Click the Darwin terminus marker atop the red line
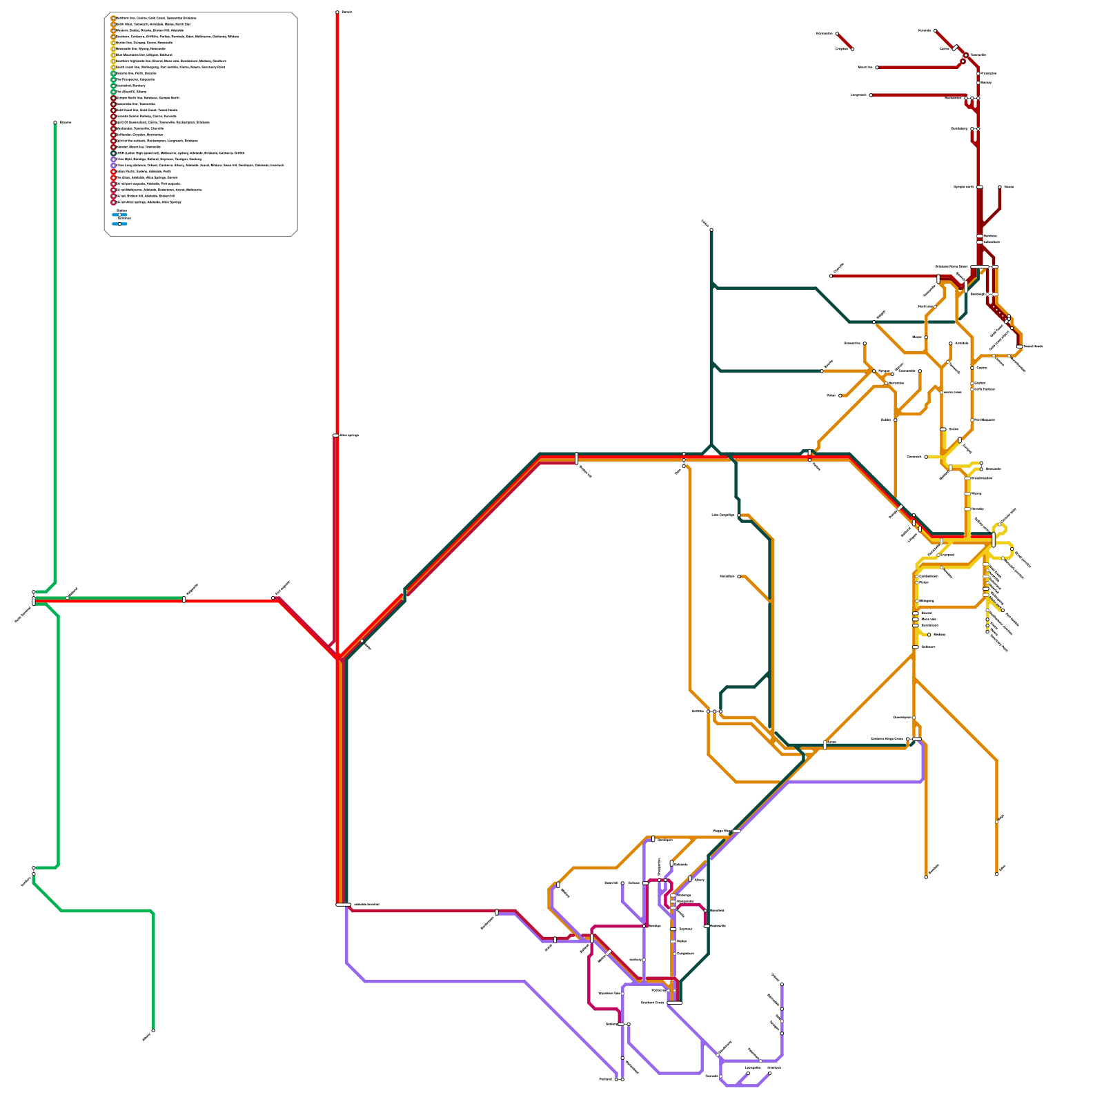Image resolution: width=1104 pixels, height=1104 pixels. (337, 12)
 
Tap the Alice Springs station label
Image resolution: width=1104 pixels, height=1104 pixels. (350, 435)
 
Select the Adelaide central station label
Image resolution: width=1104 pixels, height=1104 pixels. (366, 904)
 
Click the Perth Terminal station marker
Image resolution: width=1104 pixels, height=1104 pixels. (33, 601)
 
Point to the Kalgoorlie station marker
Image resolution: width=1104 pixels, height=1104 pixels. (184, 600)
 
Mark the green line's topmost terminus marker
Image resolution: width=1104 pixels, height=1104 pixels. (55, 123)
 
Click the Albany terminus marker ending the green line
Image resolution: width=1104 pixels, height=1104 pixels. (153, 1031)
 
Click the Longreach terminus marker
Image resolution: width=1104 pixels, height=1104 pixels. (871, 95)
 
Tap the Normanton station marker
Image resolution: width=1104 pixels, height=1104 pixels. (837, 33)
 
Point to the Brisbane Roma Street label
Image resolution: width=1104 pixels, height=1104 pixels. (952, 266)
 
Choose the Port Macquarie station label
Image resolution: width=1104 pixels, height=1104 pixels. (985, 420)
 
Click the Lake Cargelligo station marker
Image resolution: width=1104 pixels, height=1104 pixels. (739, 515)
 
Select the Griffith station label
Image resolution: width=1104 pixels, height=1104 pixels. (697, 711)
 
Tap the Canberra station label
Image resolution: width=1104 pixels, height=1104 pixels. (887, 739)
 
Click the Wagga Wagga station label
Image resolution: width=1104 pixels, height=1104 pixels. (721, 831)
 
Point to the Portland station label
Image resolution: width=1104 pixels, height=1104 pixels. (605, 1079)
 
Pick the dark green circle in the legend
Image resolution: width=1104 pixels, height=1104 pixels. (114, 153)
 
